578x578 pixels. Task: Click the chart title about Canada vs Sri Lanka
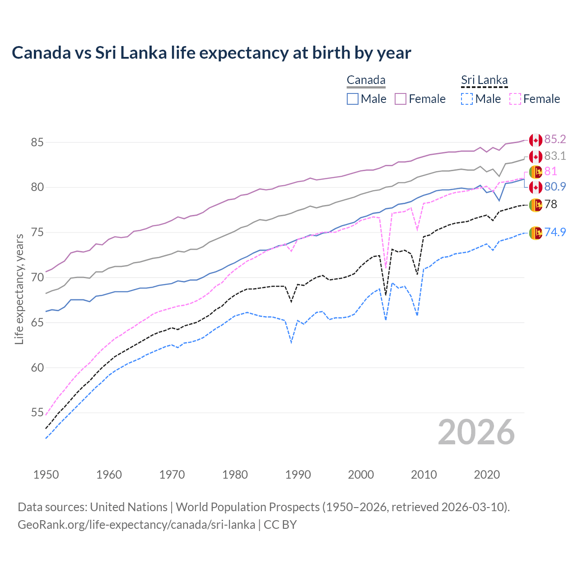[211, 53]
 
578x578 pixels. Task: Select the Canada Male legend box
[353, 99]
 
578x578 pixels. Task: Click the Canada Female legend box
[401, 99]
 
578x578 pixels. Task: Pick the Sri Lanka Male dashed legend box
[467, 99]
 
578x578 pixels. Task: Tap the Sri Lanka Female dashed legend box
[515, 99]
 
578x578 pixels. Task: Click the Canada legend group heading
[366, 80]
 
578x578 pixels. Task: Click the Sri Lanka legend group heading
[484, 80]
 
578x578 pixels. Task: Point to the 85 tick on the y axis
[37, 142]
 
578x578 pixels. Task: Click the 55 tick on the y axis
[37, 413]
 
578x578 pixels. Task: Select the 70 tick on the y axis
[37, 277]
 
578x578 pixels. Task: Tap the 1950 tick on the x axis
[46, 475]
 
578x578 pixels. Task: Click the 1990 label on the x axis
[298, 475]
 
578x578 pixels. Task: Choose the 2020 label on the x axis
[487, 475]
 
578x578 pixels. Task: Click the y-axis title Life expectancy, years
[19, 289]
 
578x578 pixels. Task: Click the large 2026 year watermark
[476, 432]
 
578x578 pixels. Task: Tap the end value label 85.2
[555, 140]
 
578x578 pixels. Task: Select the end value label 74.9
[555, 232]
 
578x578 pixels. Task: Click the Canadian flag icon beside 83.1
[536, 157]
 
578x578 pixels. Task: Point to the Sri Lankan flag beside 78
[536, 205]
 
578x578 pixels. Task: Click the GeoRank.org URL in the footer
[136, 525]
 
